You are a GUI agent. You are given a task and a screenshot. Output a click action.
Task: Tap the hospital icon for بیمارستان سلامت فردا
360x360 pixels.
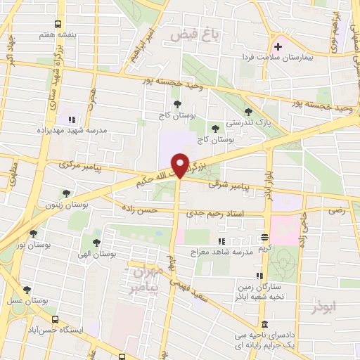click(x=278, y=46)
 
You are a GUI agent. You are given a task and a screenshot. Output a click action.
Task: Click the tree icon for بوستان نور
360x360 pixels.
click(x=32, y=234)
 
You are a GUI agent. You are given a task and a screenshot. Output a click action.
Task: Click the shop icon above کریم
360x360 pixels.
click(x=264, y=238)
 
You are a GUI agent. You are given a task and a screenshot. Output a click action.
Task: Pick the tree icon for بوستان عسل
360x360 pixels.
click(x=27, y=290)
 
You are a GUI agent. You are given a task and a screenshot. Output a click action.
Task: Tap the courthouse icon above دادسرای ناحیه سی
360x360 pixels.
click(x=264, y=325)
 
